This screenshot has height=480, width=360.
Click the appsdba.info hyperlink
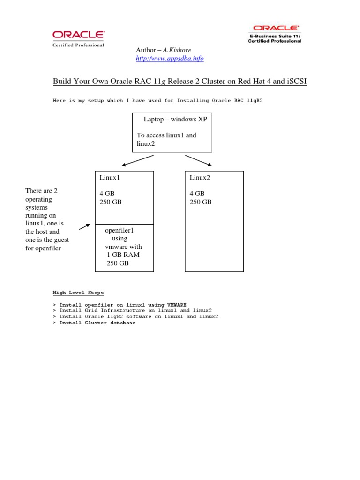coord(170,59)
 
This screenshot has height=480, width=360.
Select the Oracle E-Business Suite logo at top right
coord(275,34)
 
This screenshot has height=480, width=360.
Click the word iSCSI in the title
coord(296,82)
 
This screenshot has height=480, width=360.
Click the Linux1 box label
coord(106,177)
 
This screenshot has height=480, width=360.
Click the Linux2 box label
coord(200,177)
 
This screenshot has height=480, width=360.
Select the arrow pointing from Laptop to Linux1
coord(138,160)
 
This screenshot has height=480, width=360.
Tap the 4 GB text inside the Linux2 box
coord(197,193)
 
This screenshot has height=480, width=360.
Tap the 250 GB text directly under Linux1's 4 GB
coord(110,202)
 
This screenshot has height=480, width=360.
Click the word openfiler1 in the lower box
coord(120,230)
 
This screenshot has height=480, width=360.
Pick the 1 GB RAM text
coord(123,255)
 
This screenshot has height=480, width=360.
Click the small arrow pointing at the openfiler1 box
coord(84,227)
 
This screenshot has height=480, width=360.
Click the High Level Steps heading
coord(78,293)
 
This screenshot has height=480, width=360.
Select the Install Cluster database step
coord(97,323)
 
